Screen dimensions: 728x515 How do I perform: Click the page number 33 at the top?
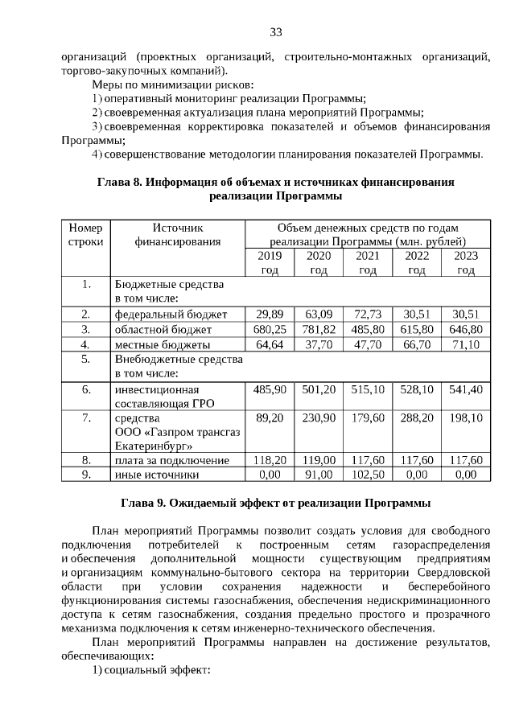[x=275, y=32]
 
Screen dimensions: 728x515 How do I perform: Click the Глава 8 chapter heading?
[x=275, y=189]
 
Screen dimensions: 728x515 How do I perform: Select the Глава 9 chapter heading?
[x=275, y=504]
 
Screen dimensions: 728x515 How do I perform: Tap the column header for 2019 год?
[x=270, y=263]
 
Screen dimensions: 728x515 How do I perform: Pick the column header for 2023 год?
[x=467, y=263]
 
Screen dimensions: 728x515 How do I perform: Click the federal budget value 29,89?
[x=270, y=314]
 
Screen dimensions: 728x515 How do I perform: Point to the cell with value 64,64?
[x=270, y=344]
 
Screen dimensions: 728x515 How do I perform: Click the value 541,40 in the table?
[x=467, y=389]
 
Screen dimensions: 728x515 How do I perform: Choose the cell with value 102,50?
[x=368, y=475]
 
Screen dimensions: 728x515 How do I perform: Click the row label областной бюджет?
[x=163, y=329]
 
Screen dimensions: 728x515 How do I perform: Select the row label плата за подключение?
[x=172, y=460]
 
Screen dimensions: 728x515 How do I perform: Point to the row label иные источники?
[x=157, y=475]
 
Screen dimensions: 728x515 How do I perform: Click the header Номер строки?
[x=85, y=234]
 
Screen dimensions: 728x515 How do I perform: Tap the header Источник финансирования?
[x=176, y=234]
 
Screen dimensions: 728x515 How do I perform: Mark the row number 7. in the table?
[x=85, y=418]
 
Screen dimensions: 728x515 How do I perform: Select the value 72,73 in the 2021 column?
[x=368, y=314]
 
